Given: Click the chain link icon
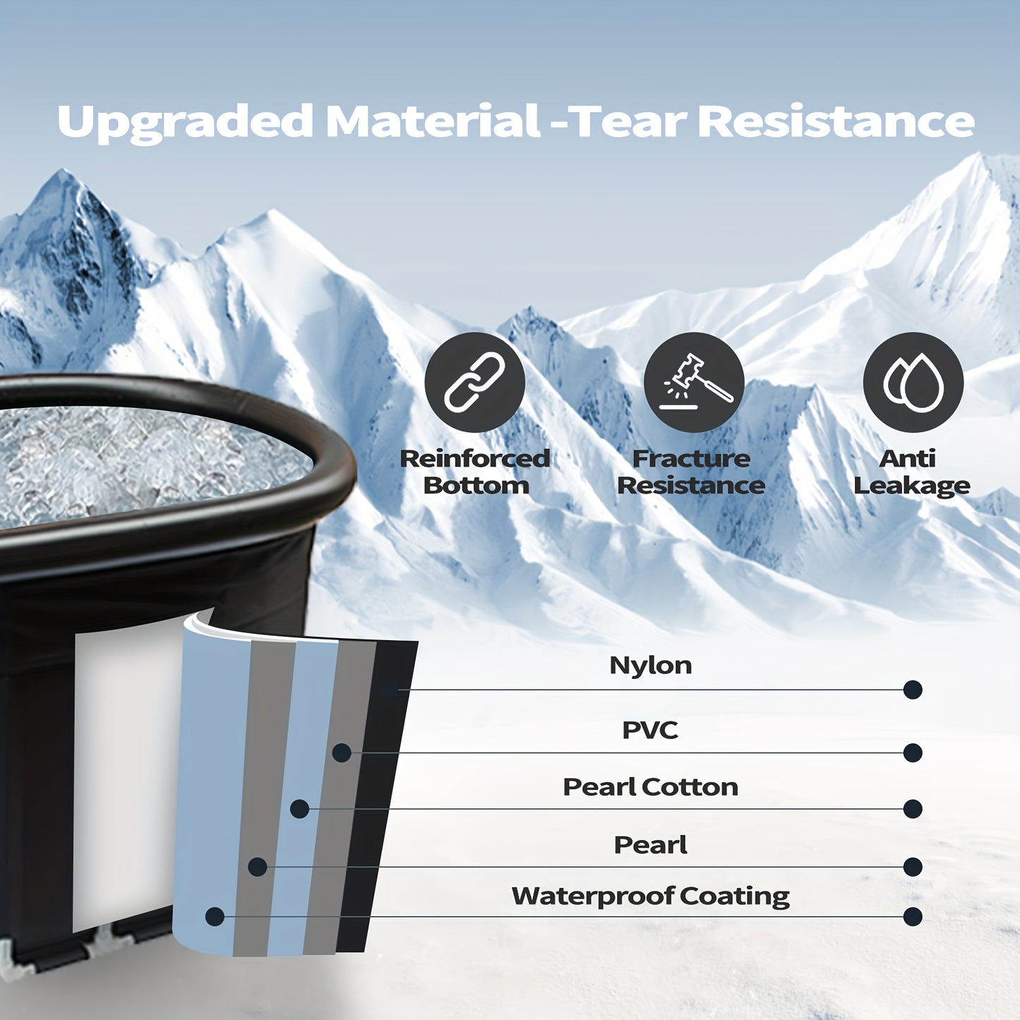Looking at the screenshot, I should pos(474,382).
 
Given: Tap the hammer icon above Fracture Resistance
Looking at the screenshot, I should pos(694,382).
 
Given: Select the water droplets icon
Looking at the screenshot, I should pos(913,382).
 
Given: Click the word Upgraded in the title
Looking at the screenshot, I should pos(185,122).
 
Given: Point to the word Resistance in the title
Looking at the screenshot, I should pos(836,121).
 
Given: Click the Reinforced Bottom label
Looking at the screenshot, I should pos(475,472).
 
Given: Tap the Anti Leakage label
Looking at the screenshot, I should pos(911,472).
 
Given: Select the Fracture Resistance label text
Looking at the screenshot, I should pos(691,472).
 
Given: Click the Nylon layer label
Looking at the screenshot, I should pos(650,665).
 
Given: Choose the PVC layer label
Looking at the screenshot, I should pos(649,730).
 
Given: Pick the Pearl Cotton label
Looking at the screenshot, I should pos(650,787).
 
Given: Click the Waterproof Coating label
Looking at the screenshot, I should pos(650,896).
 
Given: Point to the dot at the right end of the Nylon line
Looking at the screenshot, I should pos(913,690).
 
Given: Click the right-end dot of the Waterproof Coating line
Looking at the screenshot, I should pos(913,917).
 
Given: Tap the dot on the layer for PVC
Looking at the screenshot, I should pos(342,753).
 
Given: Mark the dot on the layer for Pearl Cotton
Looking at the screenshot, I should pos(299,809).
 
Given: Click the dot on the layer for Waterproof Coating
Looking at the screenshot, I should pos(215,917).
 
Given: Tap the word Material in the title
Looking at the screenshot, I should pos(433,121).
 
